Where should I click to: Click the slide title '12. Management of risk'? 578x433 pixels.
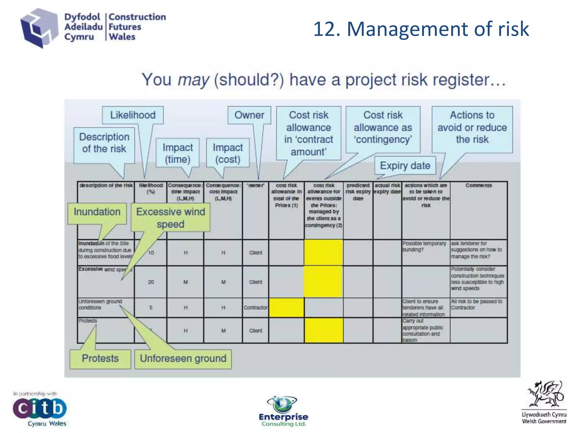click(421, 29)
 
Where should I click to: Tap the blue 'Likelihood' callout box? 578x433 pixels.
click(133, 115)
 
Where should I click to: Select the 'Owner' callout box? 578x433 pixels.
click(249, 115)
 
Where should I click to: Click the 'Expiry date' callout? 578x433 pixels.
click(405, 165)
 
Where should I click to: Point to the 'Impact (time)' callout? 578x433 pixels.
click(178, 153)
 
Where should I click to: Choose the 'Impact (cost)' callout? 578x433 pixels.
click(228, 153)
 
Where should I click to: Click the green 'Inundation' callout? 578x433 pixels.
click(97, 212)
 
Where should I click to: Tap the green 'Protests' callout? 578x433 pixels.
click(100, 359)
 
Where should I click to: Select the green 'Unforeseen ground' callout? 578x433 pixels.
click(183, 359)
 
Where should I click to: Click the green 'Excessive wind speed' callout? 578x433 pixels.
click(170, 218)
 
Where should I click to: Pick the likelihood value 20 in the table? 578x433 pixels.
click(151, 282)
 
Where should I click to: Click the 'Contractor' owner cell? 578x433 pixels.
click(255, 308)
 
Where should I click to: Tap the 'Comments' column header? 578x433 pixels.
click(479, 185)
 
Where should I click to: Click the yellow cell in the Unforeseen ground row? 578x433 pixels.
click(286, 308)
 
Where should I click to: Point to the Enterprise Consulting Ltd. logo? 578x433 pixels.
click(283, 411)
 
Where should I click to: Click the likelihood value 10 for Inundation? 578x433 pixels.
click(151, 253)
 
